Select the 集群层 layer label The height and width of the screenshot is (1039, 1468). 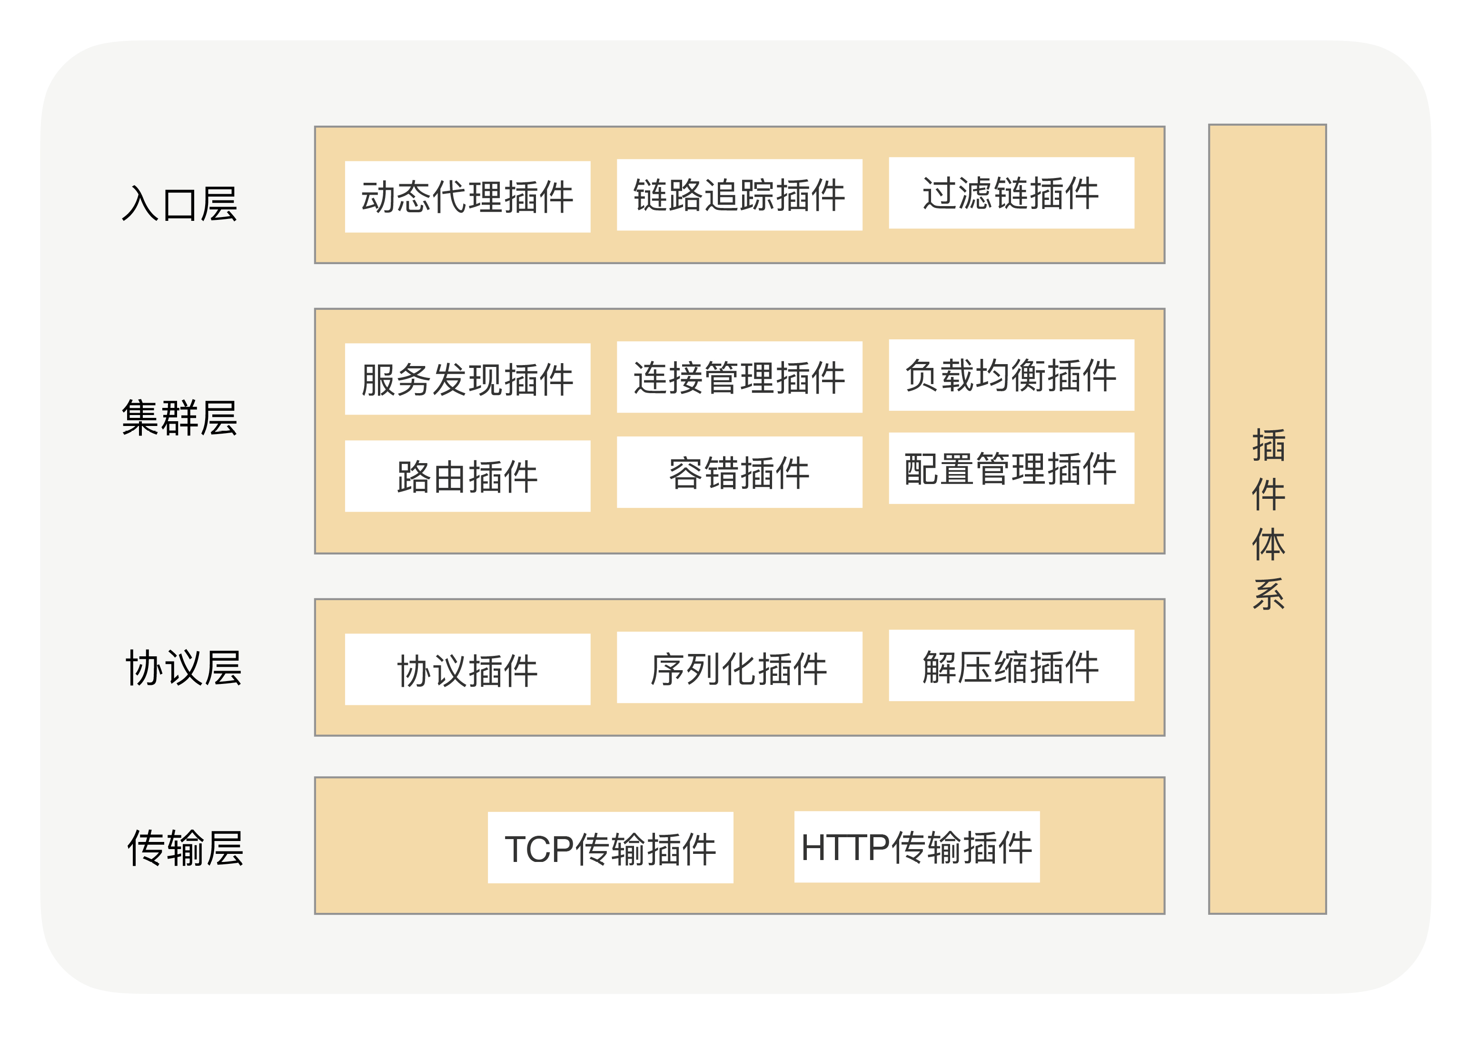tap(180, 417)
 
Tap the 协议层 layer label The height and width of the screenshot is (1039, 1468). tap(184, 667)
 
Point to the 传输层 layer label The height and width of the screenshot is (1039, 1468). tap(186, 848)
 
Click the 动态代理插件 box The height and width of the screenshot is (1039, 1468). tap(467, 197)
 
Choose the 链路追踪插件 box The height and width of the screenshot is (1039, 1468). tap(739, 195)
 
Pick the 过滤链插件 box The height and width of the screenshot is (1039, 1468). tap(1011, 193)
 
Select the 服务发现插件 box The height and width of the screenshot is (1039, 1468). tap(467, 379)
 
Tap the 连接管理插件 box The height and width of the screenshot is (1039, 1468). tap(739, 377)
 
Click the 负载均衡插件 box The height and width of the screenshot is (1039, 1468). tap(1011, 375)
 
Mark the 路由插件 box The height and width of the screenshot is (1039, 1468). tap(467, 476)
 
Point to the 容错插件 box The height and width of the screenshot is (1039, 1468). tap(739, 472)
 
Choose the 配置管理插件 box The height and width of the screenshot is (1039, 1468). tap(1011, 468)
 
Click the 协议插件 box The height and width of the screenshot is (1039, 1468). tap(467, 669)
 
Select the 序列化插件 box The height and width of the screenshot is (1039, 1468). tap(739, 667)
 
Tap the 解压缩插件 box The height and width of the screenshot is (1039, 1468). tap(1011, 665)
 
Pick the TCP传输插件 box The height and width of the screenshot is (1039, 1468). tap(610, 848)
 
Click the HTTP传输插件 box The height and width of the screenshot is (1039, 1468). tap(916, 847)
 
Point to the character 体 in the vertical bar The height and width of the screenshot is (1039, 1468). tap(1268, 544)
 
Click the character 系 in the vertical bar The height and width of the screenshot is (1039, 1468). tap(1268, 594)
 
